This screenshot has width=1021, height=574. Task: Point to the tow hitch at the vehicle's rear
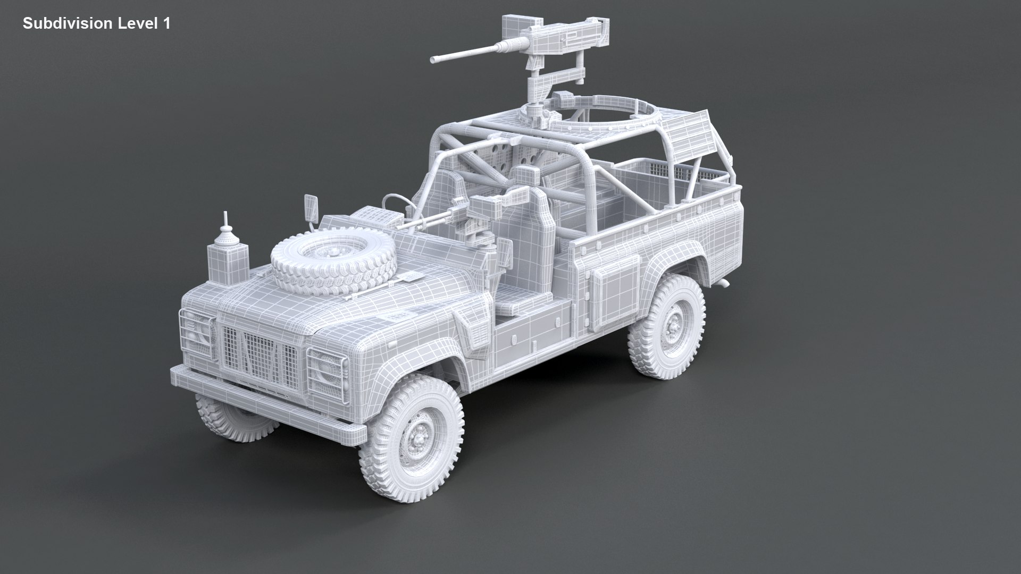[x=722, y=282]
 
